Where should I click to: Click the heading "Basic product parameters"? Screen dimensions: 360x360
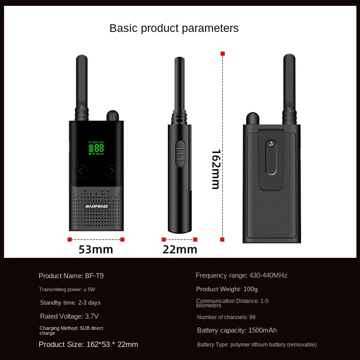point(174,28)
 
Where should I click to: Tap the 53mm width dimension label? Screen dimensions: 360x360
point(96,249)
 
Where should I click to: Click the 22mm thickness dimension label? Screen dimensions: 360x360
point(180,249)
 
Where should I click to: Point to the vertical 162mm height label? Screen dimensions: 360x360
point(216,169)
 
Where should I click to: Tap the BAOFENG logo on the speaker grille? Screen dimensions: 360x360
point(96,207)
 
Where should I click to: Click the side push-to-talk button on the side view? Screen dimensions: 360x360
point(180,153)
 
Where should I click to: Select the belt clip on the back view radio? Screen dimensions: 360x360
point(271,157)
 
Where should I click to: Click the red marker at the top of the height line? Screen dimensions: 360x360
point(222,54)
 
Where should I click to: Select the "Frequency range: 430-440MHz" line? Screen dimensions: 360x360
point(241,275)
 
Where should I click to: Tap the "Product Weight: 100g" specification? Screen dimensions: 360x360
point(227,289)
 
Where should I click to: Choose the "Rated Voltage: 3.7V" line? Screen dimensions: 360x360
point(69,316)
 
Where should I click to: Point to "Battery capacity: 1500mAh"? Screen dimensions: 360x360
point(237,330)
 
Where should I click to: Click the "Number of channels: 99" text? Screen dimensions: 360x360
point(226,317)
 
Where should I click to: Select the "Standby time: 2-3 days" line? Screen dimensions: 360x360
point(70,302)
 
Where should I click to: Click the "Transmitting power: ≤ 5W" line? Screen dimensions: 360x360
point(67,289)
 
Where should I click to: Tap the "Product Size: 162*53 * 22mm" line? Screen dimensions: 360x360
point(88,344)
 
